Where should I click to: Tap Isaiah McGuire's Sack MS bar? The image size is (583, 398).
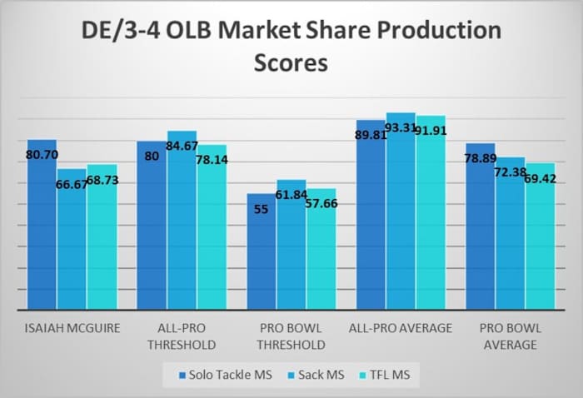pyautogui.click(x=72, y=241)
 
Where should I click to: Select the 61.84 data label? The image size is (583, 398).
pyautogui.click(x=292, y=195)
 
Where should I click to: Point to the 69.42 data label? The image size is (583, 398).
pyautogui.click(x=540, y=177)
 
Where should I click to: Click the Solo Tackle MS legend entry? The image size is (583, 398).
pyautogui.click(x=217, y=376)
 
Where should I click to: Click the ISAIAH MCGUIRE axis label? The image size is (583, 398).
pyautogui.click(x=72, y=328)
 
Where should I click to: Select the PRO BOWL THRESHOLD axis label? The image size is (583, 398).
pyautogui.click(x=291, y=336)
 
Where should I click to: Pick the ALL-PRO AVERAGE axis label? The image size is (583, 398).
pyautogui.click(x=401, y=328)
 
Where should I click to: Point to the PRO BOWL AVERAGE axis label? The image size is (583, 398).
pyautogui.click(x=510, y=336)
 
